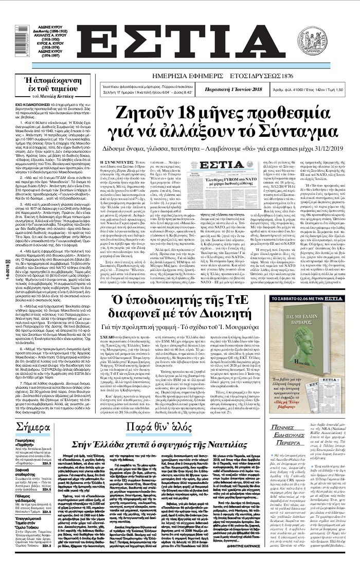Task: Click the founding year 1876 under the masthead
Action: (292, 76)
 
